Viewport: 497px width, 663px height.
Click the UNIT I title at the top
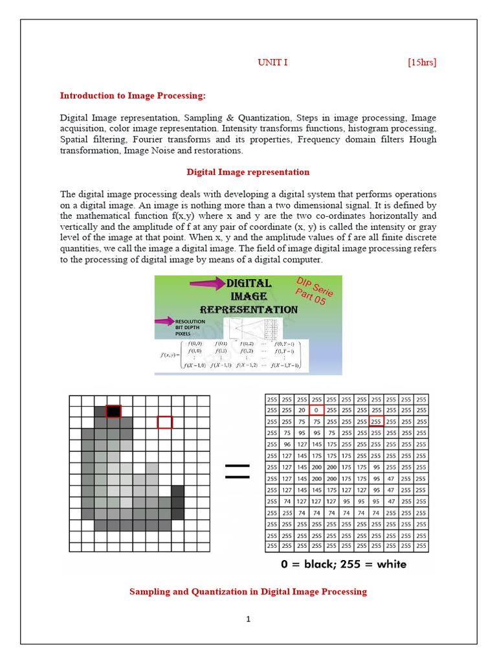[272, 62]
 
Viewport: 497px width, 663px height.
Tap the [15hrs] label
[422, 62]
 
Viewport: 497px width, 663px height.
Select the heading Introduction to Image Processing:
[133, 96]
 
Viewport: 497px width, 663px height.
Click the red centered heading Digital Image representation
[248, 172]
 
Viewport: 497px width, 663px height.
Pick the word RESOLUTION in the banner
[190, 321]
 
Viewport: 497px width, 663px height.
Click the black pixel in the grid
[113, 411]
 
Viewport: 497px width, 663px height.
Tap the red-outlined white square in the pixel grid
[165, 423]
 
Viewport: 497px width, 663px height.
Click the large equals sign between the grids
[237, 471]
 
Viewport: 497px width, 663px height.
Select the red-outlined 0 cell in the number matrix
[316, 410]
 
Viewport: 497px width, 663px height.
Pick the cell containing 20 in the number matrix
[302, 410]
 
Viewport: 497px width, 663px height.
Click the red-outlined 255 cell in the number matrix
[376, 421]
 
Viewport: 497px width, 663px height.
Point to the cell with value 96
[287, 444]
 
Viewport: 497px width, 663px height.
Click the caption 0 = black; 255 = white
[344, 564]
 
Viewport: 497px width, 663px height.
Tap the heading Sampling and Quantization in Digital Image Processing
[248, 592]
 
